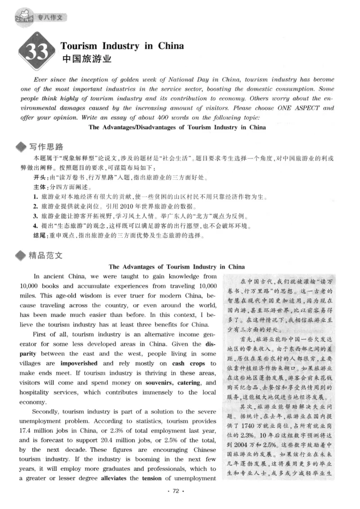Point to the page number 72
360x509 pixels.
[x=176, y=491]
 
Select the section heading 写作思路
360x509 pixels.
[x=46, y=147]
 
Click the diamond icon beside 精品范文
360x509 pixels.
[x=21, y=256]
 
